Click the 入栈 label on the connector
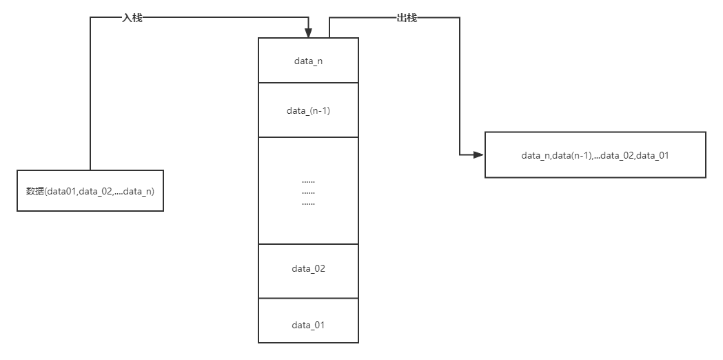point(132,18)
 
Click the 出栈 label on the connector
point(407,18)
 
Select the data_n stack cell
point(308,61)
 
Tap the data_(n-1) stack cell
point(308,110)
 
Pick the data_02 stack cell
point(308,270)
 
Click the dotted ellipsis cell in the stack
point(308,191)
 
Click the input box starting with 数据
point(90,190)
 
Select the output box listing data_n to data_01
point(595,155)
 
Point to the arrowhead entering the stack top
point(308,33)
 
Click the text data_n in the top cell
point(308,61)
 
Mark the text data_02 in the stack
point(308,269)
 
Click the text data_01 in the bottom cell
point(308,325)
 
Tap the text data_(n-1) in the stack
point(308,111)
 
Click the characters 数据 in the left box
point(35,191)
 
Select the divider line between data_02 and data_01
point(308,299)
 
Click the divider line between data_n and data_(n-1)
point(308,83)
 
